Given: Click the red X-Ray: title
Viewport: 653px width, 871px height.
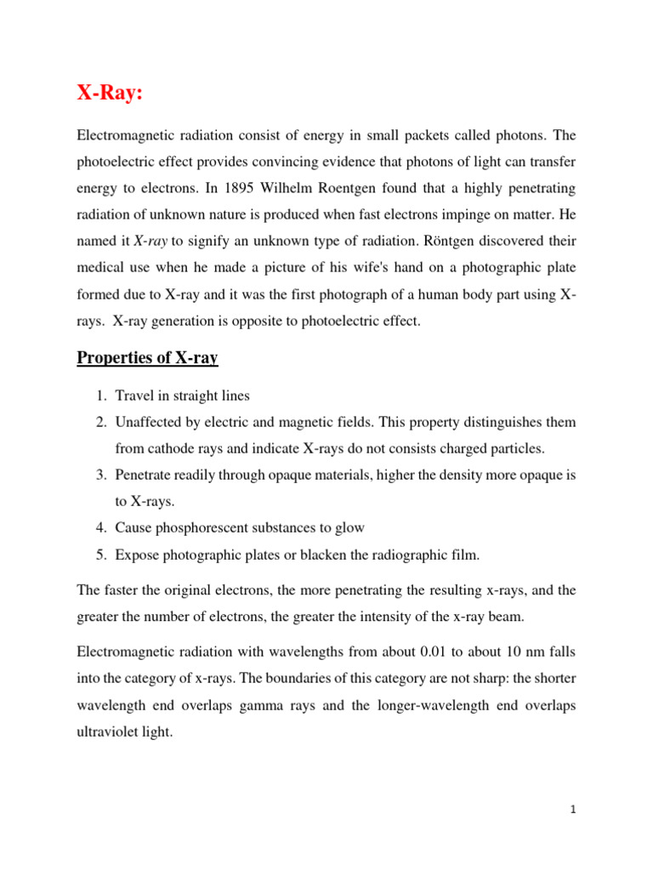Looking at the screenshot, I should (x=110, y=94).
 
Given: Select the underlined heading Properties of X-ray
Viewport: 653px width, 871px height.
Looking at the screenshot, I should (x=147, y=358).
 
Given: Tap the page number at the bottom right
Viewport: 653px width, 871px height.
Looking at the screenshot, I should (x=574, y=811).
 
